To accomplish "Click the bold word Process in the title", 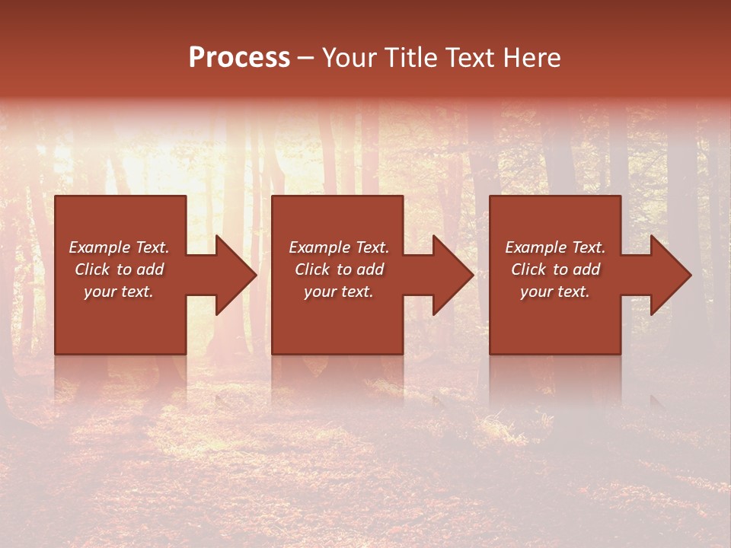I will click(239, 58).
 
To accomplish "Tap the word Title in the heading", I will click(411, 58).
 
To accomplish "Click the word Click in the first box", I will click(93, 269).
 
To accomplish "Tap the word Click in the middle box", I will click(313, 269).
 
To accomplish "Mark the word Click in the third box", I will click(529, 269).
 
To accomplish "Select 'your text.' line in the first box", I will click(119, 292).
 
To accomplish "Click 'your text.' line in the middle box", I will click(339, 292).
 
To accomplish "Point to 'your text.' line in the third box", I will click(555, 292).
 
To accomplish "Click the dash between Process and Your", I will click(305, 58).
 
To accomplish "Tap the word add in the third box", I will click(586, 269).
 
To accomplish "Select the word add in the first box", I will click(149, 269).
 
